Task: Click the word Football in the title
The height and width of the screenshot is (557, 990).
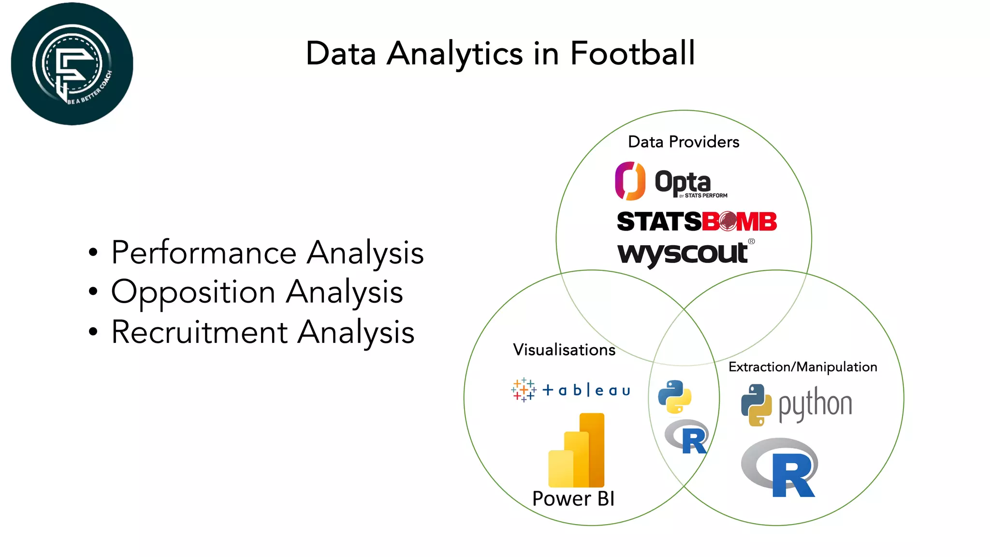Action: click(632, 53)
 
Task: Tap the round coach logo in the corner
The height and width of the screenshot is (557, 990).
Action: click(72, 64)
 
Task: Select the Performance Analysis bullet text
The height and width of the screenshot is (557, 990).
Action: click(267, 252)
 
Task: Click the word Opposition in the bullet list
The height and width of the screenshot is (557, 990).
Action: click(193, 292)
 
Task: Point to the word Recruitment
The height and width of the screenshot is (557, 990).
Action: click(200, 332)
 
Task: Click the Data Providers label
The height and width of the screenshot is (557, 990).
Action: click(684, 142)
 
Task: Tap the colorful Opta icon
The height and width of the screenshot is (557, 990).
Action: click(630, 181)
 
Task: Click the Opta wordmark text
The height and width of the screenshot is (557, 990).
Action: click(683, 182)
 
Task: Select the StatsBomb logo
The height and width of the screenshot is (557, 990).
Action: click(697, 221)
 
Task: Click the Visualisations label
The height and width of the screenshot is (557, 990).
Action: click(564, 350)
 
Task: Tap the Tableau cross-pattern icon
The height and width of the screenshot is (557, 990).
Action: click(524, 390)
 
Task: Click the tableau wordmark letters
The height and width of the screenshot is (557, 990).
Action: click(586, 390)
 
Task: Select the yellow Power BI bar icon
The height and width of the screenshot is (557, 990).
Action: click(577, 451)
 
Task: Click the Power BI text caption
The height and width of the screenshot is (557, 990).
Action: click(573, 499)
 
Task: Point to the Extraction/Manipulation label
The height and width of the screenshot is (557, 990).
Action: click(802, 367)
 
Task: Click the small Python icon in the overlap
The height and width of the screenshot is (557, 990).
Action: click(675, 397)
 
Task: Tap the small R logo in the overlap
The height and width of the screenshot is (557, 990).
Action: click(687, 437)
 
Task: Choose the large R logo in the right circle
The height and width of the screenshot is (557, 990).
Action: click(780, 468)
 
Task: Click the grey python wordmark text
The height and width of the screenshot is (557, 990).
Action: click(815, 404)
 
